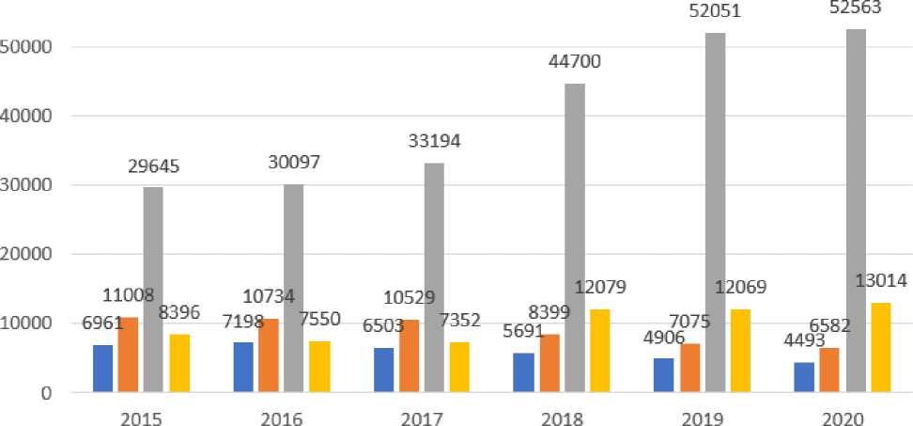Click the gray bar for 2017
click(434, 277)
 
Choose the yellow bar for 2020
click(880, 347)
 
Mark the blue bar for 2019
click(663, 374)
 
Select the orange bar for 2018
click(549, 363)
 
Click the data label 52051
click(714, 12)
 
